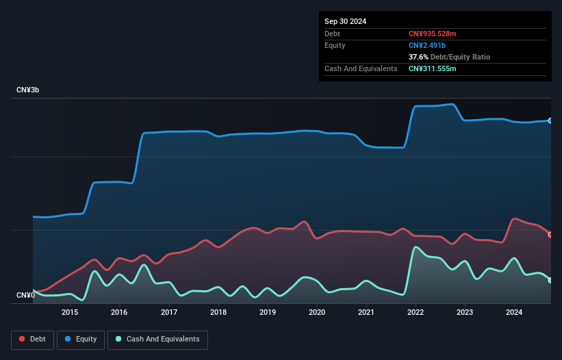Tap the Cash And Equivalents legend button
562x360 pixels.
point(157,339)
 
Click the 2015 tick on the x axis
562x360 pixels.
point(70,313)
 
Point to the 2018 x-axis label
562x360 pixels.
point(218,313)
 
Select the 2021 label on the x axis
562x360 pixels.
point(366,313)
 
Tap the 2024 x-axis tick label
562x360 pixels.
point(514,313)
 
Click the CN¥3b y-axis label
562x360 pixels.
point(28,90)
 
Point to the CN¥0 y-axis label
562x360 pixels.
point(25,296)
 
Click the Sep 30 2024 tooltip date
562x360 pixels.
point(346,21)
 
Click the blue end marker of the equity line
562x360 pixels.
point(550,120)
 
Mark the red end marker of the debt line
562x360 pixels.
point(550,235)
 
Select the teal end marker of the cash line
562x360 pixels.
point(550,280)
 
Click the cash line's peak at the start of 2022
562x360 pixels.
point(415,247)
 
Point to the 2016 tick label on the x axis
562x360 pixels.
point(119,313)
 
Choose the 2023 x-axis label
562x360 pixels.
point(465,313)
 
